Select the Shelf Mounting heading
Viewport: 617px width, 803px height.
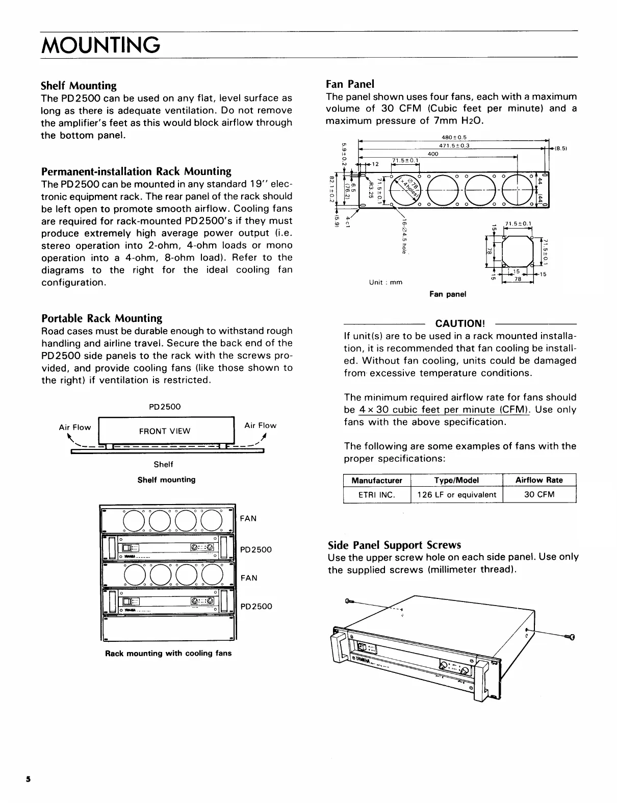click(79, 85)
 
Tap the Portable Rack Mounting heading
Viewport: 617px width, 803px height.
click(101, 318)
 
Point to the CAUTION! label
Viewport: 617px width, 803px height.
click(459, 323)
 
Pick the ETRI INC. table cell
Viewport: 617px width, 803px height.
click(377, 494)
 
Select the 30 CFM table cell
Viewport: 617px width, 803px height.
click(539, 494)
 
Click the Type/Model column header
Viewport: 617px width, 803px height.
click(456, 480)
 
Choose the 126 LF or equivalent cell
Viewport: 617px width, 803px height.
click(456, 494)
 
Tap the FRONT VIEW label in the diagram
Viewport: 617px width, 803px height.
click(165, 431)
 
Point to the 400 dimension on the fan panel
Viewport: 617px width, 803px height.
click(433, 154)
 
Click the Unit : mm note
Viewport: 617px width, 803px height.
click(385, 282)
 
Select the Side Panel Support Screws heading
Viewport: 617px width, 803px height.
click(394, 544)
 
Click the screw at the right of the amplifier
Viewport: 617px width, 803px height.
click(570, 636)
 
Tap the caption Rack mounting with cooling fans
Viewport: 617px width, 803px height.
click(168, 653)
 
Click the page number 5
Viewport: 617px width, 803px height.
click(29, 780)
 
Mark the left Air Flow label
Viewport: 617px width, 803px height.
click(75, 427)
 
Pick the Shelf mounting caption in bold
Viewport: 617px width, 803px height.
click(166, 480)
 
